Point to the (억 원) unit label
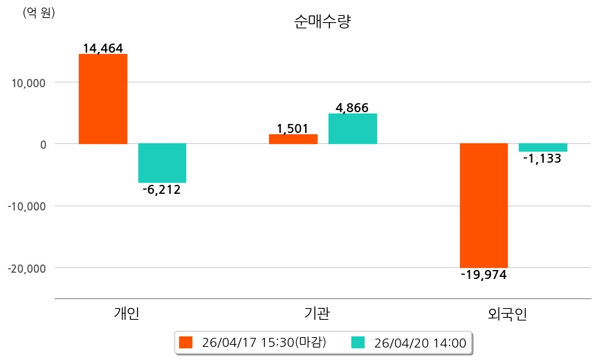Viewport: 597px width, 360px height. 39,12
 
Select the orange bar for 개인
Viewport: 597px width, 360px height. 102,99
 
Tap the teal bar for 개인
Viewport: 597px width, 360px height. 162,163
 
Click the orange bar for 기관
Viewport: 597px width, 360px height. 293,139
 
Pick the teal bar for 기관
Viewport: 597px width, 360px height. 352,129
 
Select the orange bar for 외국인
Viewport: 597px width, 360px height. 484,205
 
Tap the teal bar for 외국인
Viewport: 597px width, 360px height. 542,147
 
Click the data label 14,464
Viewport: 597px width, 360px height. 102,48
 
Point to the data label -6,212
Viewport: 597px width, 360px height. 162,190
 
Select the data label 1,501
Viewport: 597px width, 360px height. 292,129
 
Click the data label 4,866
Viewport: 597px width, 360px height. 352,108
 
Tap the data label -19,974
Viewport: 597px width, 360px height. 484,275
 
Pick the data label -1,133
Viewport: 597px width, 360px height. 542,159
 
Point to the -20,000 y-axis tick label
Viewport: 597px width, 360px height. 26,268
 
